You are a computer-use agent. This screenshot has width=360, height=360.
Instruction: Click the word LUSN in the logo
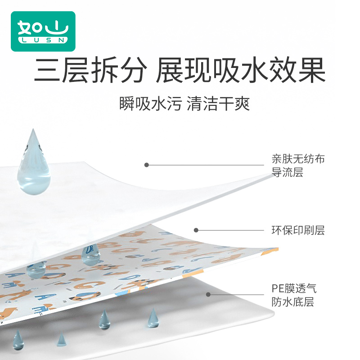pos(43,40)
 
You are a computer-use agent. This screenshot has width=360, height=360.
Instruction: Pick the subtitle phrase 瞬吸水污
pos(150,104)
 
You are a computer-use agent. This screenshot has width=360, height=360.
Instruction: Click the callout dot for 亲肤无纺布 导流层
pos(146,165)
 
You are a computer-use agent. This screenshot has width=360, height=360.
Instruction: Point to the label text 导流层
pos(287,172)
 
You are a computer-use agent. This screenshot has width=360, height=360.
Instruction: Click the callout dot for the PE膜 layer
pos(208,295)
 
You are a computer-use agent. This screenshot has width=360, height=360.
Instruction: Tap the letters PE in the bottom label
pos(277,288)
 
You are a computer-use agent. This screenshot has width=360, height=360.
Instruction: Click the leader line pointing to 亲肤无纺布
pos(207,165)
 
